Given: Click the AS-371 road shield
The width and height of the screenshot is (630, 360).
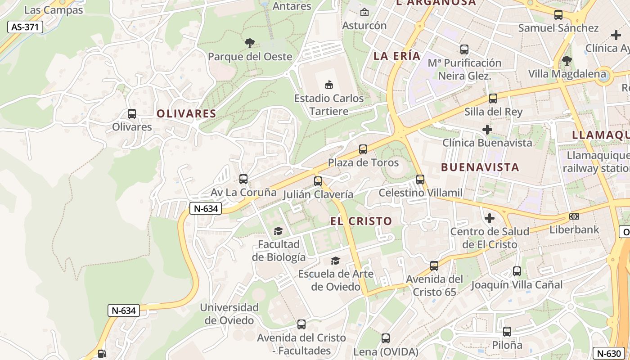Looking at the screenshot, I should pyautogui.click(x=25, y=27).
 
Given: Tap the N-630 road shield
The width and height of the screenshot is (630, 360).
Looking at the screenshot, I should pyautogui.click(x=610, y=354).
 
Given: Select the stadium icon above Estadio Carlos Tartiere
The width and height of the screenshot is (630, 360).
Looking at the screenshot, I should pyautogui.click(x=329, y=85).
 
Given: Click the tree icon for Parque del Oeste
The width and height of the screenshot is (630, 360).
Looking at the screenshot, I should pyautogui.click(x=250, y=43).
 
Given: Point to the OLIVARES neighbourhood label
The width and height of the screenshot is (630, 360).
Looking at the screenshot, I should pyautogui.click(x=186, y=114).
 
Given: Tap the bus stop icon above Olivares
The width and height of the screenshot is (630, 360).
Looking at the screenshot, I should pyautogui.click(x=132, y=114).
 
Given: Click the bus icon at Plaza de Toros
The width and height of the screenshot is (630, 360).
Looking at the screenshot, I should pyautogui.click(x=363, y=149).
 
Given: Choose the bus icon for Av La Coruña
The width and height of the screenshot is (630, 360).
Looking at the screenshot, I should pyautogui.click(x=243, y=179).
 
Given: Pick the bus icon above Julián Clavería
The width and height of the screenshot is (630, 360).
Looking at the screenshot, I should pyautogui.click(x=318, y=181).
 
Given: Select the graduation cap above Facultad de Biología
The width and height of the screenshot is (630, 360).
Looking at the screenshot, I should pyautogui.click(x=278, y=231).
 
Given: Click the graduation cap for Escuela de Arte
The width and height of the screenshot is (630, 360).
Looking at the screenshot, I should pyautogui.click(x=335, y=261).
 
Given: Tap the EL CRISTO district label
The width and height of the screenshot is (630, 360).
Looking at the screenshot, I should pyautogui.click(x=361, y=221).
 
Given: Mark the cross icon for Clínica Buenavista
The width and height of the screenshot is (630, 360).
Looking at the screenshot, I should pyautogui.click(x=487, y=130).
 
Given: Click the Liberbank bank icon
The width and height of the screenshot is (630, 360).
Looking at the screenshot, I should pyautogui.click(x=574, y=216).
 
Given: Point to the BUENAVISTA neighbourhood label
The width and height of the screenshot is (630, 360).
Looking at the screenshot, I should pyautogui.click(x=480, y=167).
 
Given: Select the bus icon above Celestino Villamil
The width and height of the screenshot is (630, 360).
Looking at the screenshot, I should pyautogui.click(x=420, y=180).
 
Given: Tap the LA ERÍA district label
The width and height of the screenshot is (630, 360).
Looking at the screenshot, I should pyautogui.click(x=397, y=56).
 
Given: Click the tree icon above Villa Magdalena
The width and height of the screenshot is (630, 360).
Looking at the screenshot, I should pyautogui.click(x=567, y=60).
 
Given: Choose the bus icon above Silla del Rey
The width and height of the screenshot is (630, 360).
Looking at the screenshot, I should pyautogui.click(x=493, y=99).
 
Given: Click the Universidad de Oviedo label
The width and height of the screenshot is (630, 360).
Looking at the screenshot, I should pyautogui.click(x=229, y=314).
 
